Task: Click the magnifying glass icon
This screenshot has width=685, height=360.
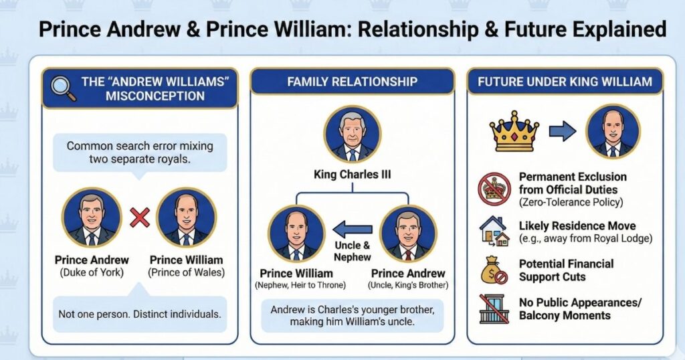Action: [x=63, y=88]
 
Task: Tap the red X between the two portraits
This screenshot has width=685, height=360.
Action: [x=140, y=217]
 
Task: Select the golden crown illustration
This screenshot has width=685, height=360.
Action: [x=514, y=131]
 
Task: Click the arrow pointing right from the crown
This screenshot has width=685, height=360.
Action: [x=563, y=131]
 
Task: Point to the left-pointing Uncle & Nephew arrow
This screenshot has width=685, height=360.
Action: [x=353, y=229]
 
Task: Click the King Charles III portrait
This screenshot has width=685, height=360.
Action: [x=352, y=134]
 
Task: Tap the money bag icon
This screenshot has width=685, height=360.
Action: [x=494, y=270]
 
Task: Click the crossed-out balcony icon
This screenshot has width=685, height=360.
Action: [x=493, y=308]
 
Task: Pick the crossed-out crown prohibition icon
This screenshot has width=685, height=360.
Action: [x=494, y=189]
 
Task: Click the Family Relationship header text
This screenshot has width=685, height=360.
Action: [x=352, y=82]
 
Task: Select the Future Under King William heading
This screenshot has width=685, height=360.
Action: [x=565, y=82]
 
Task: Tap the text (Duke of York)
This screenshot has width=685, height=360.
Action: [x=92, y=272]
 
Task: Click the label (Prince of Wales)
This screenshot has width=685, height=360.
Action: [x=187, y=272]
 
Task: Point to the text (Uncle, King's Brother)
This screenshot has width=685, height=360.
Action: [x=408, y=285]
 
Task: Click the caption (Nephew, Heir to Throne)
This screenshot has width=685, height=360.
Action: [x=300, y=285]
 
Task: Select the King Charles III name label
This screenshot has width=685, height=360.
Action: [x=352, y=175]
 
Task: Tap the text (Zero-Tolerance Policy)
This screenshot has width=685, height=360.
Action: [x=571, y=202]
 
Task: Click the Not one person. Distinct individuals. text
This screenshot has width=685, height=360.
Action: [x=139, y=314]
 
